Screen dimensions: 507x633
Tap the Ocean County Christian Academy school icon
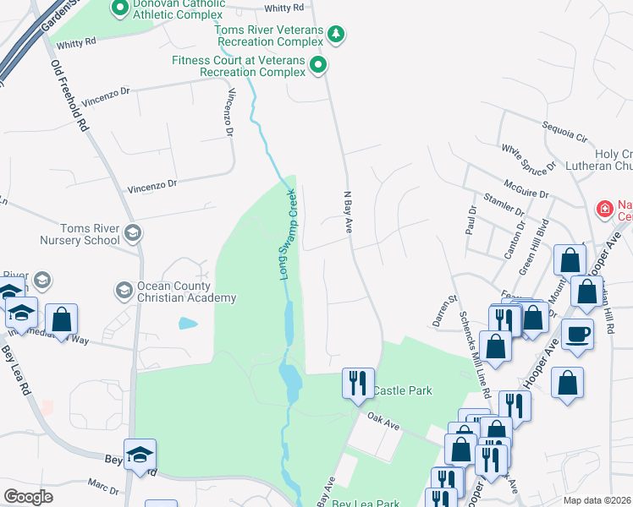click(x=124, y=291)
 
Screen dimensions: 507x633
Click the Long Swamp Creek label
click(x=289, y=234)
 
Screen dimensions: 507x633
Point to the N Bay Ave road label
click(x=346, y=211)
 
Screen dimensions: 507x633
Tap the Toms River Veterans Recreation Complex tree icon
click(x=338, y=34)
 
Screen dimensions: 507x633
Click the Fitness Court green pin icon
click(x=318, y=65)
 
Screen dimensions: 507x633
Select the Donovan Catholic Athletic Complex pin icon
click(x=119, y=9)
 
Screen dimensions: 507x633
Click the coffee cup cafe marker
click(x=578, y=334)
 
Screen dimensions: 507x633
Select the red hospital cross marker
click(x=605, y=208)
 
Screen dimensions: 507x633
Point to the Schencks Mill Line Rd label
click(x=473, y=352)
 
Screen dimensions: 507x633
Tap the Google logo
click(x=28, y=497)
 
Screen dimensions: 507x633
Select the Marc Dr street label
click(x=102, y=486)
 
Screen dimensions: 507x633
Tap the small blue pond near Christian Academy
click(x=188, y=323)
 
